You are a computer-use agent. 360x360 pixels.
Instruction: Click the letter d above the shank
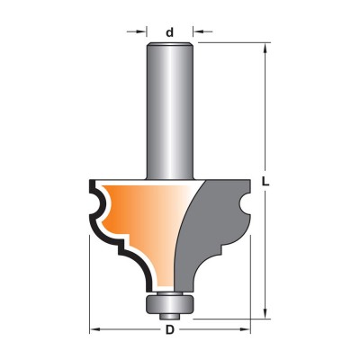click(x=170, y=32)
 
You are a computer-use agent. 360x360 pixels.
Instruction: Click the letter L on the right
click(x=265, y=182)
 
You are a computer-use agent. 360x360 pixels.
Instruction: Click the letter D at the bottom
click(x=170, y=330)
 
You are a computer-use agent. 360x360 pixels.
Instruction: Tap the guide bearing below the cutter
click(x=169, y=303)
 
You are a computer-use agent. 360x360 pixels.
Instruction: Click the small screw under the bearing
click(x=169, y=316)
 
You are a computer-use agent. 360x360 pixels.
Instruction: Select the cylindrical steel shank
click(x=170, y=112)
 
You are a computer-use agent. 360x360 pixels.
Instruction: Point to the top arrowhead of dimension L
click(x=265, y=49)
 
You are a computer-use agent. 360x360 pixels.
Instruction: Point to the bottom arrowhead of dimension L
click(x=265, y=312)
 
